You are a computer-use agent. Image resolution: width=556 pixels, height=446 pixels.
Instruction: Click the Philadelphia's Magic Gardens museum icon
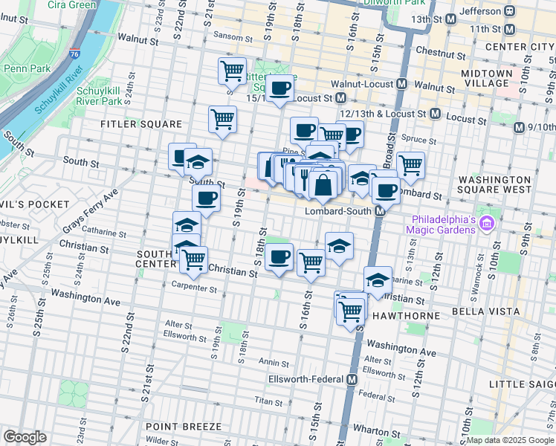pos(487,222)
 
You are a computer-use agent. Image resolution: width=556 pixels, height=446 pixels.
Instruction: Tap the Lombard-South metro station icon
pos(380,211)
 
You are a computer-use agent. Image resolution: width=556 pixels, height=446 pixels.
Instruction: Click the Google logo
pos(25,436)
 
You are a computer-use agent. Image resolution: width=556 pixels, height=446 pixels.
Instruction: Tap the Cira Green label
pos(71,5)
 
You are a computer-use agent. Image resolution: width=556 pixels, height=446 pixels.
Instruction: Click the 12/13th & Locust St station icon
pos(435,114)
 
